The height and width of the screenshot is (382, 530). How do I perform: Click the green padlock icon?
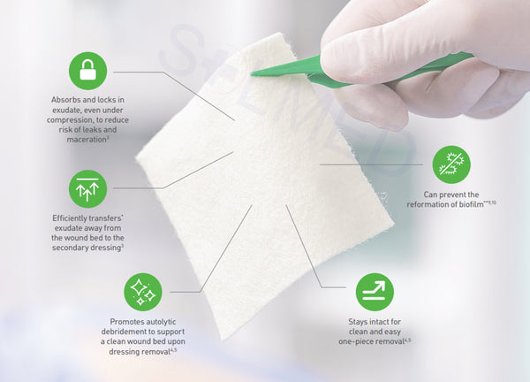click(x=87, y=71)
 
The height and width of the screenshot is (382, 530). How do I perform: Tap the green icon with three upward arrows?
click(x=87, y=189)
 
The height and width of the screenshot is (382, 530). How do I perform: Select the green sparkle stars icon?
click(x=143, y=292)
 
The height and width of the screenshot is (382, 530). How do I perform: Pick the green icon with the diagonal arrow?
click(x=375, y=292)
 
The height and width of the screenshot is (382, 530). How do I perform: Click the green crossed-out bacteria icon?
click(x=451, y=164)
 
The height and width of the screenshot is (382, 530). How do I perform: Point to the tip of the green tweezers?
click(x=252, y=73)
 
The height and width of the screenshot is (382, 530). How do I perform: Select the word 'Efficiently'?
click(x=69, y=218)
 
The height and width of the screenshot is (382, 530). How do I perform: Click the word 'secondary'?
click(x=68, y=248)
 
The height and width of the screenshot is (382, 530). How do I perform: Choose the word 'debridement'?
click(x=122, y=332)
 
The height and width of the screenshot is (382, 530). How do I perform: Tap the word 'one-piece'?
click(x=355, y=341)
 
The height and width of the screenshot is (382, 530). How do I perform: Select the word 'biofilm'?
click(x=471, y=204)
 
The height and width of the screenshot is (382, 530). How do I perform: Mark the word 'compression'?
click(x=67, y=120)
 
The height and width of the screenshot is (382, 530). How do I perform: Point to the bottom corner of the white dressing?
click(x=222, y=339)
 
